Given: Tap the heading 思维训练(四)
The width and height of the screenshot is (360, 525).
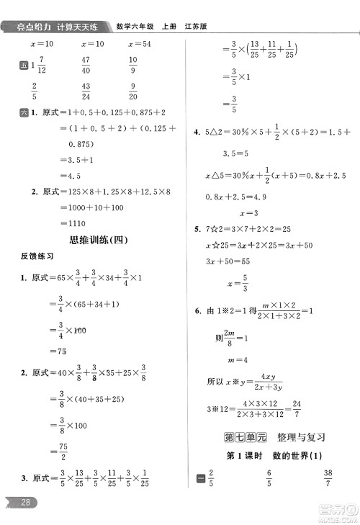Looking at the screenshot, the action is (x=89, y=241).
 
